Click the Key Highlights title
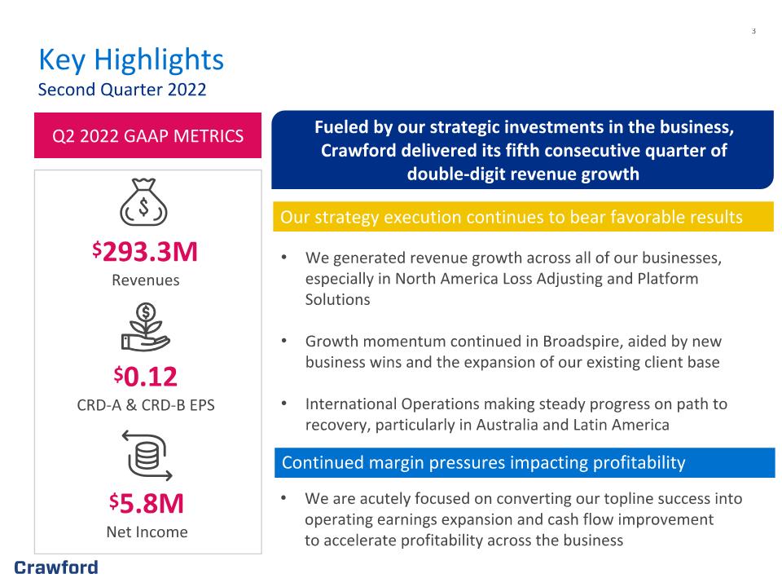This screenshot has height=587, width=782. click(131, 60)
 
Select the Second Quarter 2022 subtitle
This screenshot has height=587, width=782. click(122, 90)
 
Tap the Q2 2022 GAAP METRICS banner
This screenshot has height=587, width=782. click(147, 135)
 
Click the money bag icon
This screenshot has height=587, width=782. click(143, 202)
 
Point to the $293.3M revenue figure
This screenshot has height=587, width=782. click(145, 251)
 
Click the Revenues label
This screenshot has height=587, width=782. click(146, 280)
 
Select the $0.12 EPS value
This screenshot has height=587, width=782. click(146, 377)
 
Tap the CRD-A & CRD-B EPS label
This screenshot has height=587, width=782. click(146, 405)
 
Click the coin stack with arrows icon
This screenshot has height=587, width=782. click(147, 456)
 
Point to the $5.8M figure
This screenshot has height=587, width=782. click(147, 503)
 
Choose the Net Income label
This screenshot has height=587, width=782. click(147, 532)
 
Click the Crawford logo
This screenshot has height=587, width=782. click(56, 567)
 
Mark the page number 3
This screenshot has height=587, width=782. click(753, 31)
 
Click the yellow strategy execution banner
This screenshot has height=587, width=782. click(523, 217)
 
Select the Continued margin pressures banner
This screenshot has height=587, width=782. click(525, 463)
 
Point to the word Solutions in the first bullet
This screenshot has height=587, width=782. click(337, 299)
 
